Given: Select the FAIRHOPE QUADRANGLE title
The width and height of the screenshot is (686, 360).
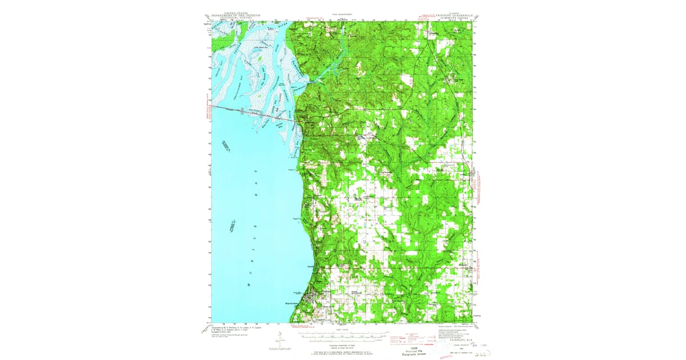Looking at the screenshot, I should [x=451, y=15].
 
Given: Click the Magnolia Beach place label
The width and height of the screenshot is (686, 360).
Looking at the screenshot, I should [x=295, y=303].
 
